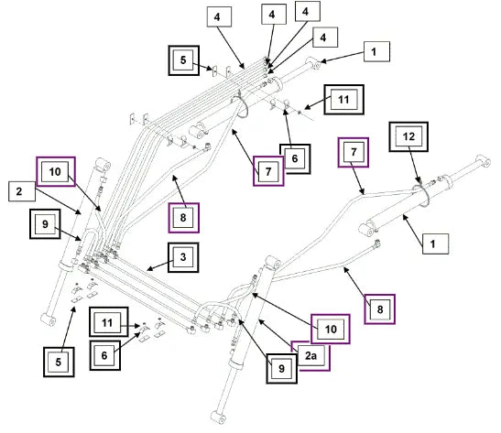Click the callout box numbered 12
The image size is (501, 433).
coord(408,136)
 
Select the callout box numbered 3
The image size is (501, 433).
coord(183,257)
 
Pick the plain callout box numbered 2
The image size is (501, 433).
coord(22,191)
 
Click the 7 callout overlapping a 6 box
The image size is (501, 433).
coord(268,171)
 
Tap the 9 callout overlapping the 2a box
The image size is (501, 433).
coord(281,368)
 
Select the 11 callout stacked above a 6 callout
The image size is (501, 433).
coord(109,322)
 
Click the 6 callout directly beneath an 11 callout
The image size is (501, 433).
coord(104,355)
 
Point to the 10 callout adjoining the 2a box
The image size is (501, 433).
coord(331,329)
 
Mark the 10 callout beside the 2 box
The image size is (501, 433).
coord(56,171)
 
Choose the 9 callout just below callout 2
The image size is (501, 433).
coord(45,224)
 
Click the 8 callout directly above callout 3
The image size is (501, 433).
coord(183,218)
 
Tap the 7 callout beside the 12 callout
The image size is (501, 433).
coord(354,152)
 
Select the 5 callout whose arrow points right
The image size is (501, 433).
coord(184,60)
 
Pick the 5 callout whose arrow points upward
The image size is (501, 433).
coord(59,363)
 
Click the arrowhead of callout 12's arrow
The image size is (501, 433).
coord(419,181)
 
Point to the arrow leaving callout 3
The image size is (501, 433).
coord(160,266)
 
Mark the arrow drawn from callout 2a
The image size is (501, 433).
coord(279,336)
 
